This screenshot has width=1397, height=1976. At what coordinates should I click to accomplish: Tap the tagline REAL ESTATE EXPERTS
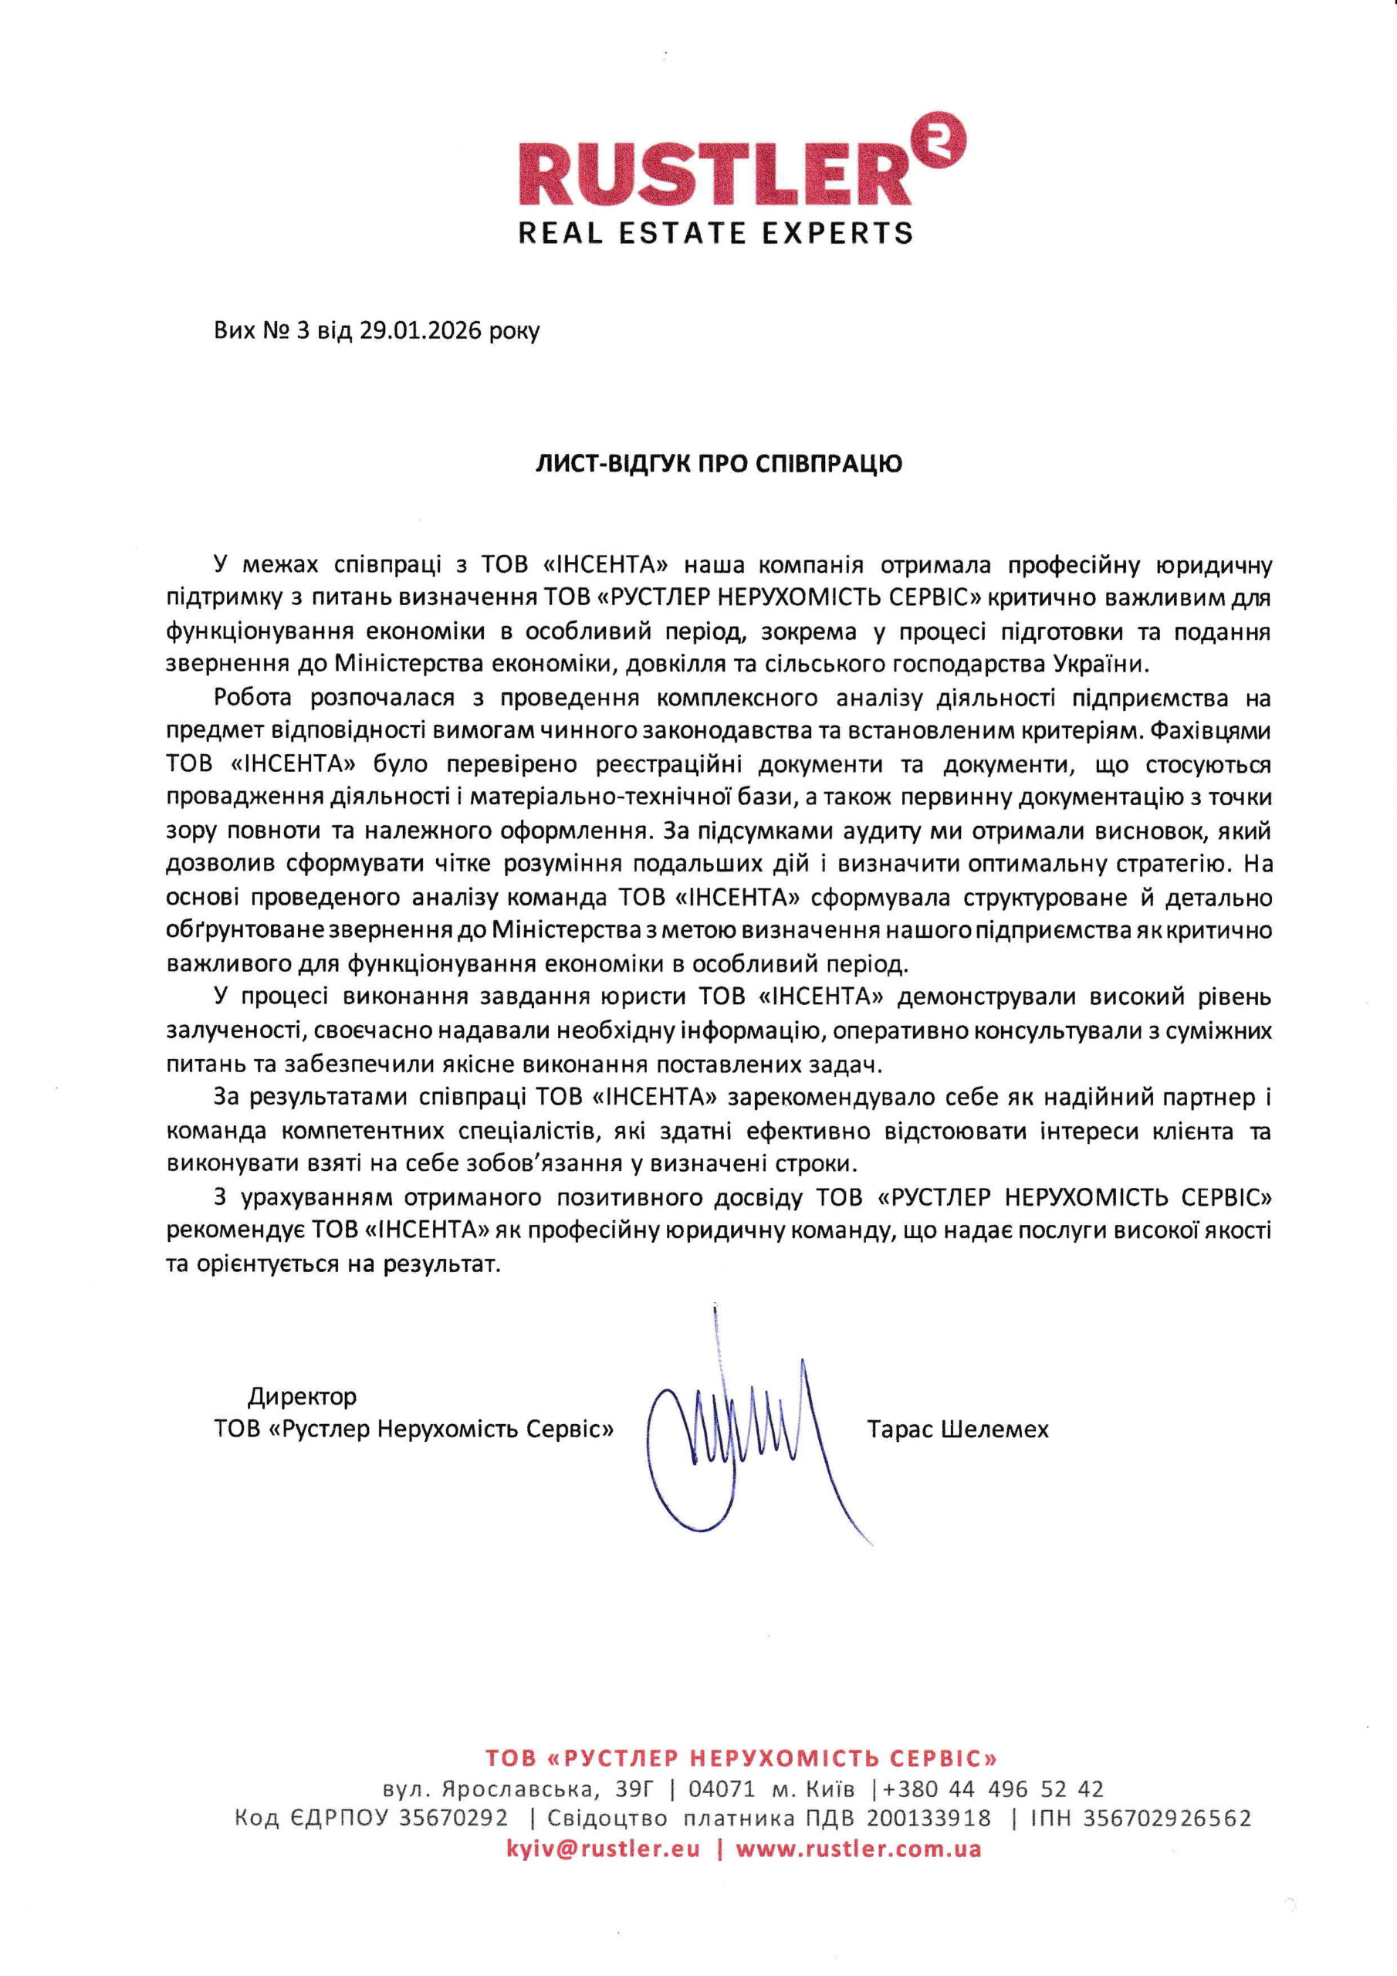pos(715,232)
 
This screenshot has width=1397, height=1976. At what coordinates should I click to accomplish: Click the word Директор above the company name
pos(302,1396)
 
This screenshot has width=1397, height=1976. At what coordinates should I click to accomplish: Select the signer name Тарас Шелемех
pos(958,1430)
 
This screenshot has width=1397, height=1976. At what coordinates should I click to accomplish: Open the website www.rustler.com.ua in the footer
pos(858,1849)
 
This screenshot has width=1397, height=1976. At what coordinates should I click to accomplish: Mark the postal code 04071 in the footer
pos(722,1790)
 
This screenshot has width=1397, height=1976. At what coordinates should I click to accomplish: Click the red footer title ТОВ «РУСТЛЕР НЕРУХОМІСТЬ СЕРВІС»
pos(741,1758)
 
